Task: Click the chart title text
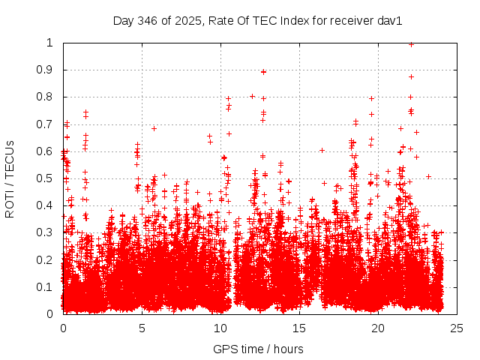coord(257,21)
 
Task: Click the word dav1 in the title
coord(390,21)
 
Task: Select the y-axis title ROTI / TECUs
coord(10,178)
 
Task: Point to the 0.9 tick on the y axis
coord(48,70)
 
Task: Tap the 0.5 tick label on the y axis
coord(48,178)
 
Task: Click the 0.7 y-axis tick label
coord(48,124)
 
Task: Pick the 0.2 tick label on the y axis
coord(48,260)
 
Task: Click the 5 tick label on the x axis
coord(142,328)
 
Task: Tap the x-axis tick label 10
coord(220,328)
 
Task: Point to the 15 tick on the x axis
coord(299,328)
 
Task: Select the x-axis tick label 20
coord(378,328)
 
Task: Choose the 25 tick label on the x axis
coord(457,328)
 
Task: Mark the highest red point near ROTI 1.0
coord(411,44)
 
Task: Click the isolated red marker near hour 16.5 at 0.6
coord(322,150)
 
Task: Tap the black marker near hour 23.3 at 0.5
coord(428,176)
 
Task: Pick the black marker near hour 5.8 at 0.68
coord(154,128)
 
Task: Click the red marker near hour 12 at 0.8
coord(252,96)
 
